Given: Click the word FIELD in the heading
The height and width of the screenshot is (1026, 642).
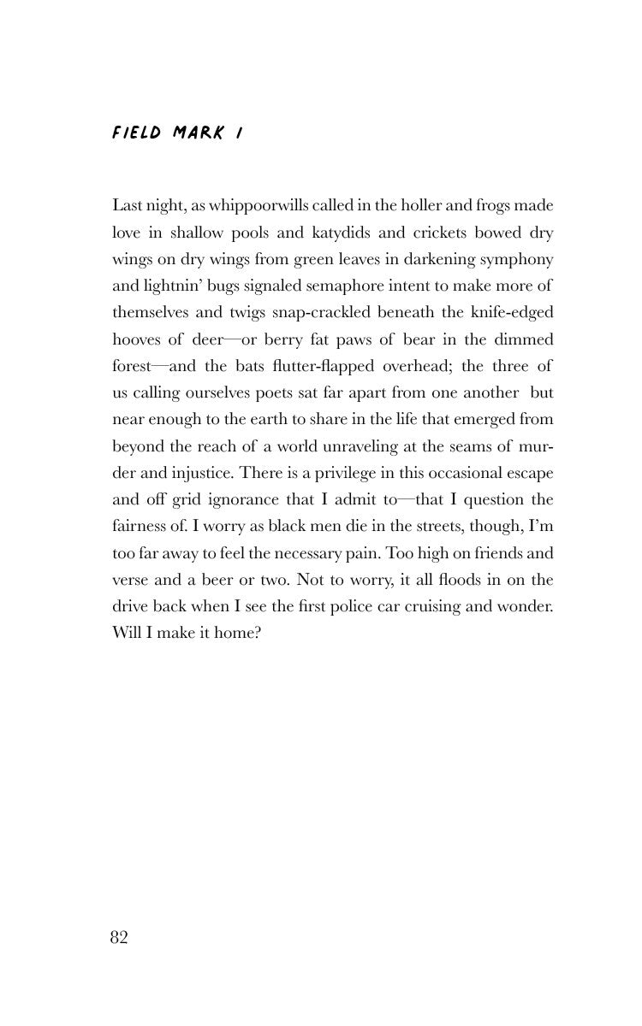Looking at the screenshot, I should [136, 133].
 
